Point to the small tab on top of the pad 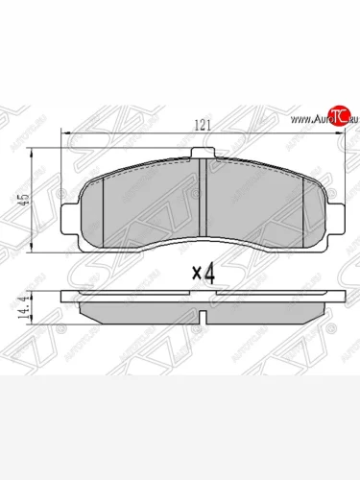pos(203,154)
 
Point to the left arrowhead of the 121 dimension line pos(66,137)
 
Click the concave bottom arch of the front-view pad pos(203,237)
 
